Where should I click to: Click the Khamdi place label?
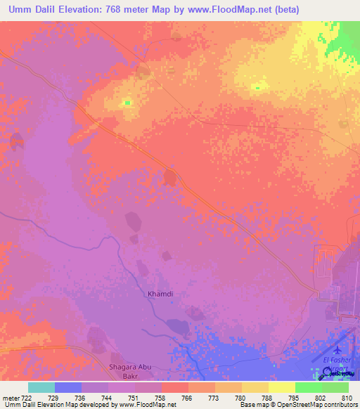click(159, 294)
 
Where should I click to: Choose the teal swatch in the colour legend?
click(41, 387)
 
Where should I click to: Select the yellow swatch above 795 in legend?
click(282, 387)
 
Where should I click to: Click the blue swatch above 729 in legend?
click(68, 387)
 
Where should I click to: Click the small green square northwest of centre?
click(127, 103)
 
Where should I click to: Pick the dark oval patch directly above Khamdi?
click(165, 256)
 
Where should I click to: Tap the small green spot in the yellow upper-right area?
click(257, 88)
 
